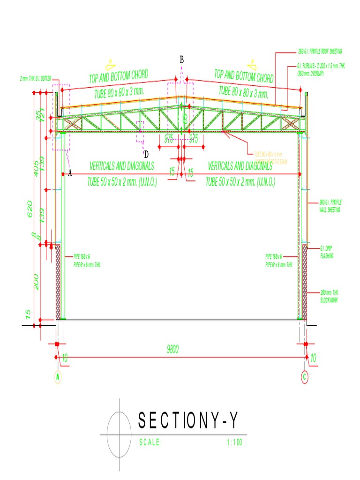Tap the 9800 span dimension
pyautogui.click(x=173, y=349)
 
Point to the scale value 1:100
pyautogui.click(x=233, y=442)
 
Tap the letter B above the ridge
pyautogui.click(x=182, y=60)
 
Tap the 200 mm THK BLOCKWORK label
pyautogui.click(x=329, y=295)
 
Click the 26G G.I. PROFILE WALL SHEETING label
pyautogui.click(x=330, y=205)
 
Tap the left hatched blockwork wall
pyautogui.click(x=58, y=281)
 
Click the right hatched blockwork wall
pyautogui.click(x=304, y=281)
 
